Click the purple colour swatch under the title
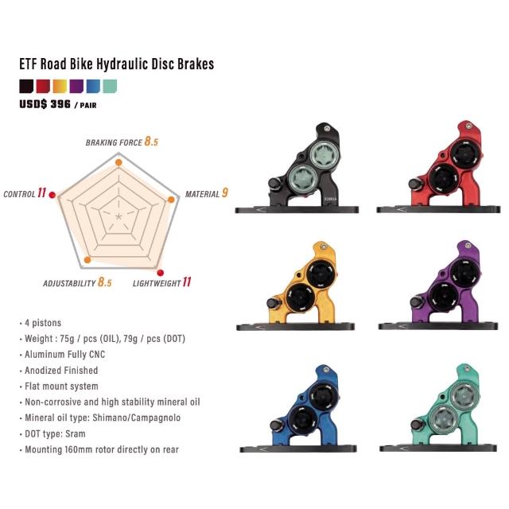pyautogui.click(x=76, y=87)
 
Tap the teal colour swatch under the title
pyautogui.click(x=110, y=87)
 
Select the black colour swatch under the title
pyautogui.click(x=26, y=87)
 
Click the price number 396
pyautogui.click(x=60, y=104)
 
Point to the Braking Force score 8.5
pyautogui.click(x=151, y=142)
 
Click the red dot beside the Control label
pyautogui.click(x=52, y=195)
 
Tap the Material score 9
pyautogui.click(x=224, y=192)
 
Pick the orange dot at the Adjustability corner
pyautogui.click(x=87, y=260)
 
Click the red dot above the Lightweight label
pyautogui.click(x=161, y=273)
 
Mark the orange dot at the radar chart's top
pyautogui.click(x=119, y=162)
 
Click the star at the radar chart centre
pyautogui.click(x=119, y=216)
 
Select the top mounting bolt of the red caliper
pyautogui.click(x=468, y=126)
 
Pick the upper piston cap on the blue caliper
pyautogui.click(x=324, y=397)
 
